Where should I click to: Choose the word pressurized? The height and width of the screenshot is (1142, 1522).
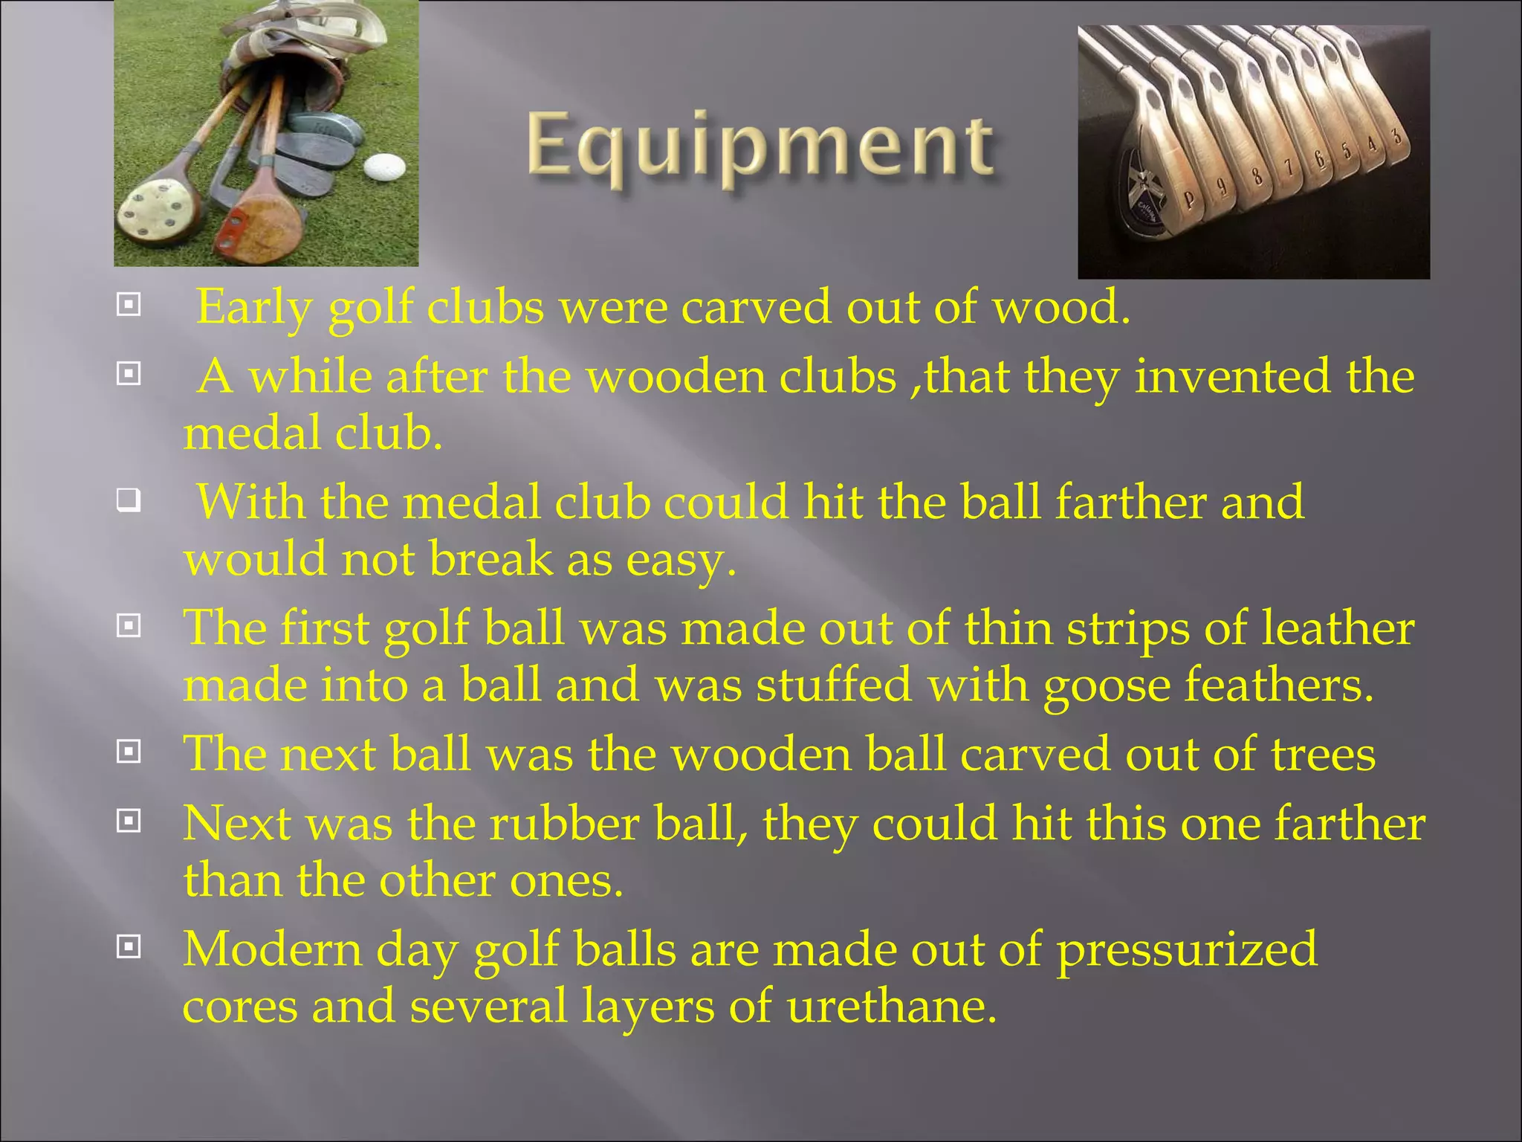pyautogui.click(x=1187, y=950)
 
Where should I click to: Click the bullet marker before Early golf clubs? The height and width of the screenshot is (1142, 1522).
pyautogui.click(x=129, y=305)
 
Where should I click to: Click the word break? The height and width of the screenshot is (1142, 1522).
pyautogui.click(x=490, y=559)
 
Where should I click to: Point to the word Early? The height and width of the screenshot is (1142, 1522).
pyautogui.click(x=253, y=306)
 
